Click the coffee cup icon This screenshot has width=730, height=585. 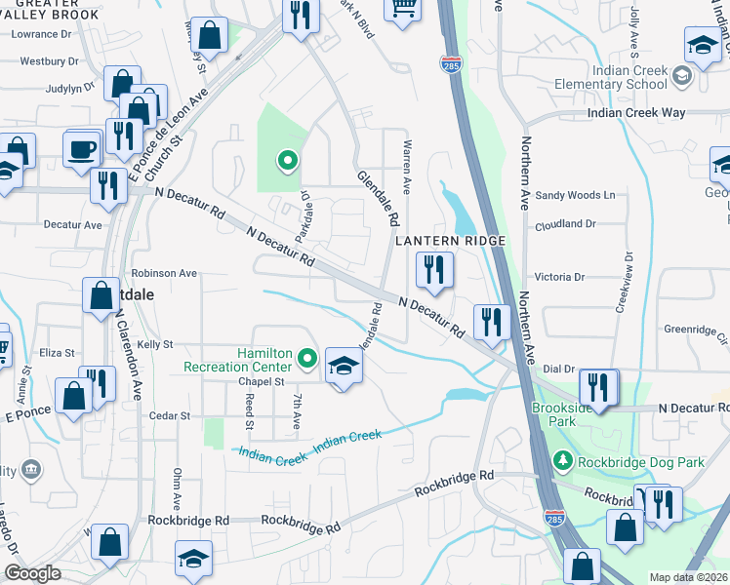click(x=82, y=149)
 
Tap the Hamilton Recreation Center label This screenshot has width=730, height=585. click(x=238, y=360)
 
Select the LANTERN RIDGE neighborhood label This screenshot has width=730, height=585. click(x=450, y=241)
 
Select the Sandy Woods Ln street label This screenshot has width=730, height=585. click(x=575, y=196)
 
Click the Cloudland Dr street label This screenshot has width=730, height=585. click(x=567, y=222)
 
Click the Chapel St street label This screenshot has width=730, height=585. click(x=233, y=381)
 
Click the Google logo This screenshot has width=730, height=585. click(x=32, y=573)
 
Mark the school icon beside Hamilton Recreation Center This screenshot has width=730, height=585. click(x=343, y=367)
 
